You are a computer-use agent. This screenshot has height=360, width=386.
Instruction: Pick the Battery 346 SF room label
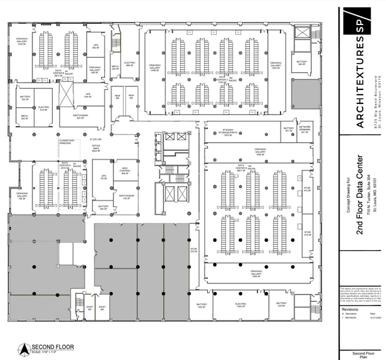point(301,62)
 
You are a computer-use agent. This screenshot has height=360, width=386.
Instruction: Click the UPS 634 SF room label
point(88,96)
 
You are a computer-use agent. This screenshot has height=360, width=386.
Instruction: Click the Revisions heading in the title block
point(350,310)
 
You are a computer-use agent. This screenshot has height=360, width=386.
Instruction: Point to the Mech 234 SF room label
point(115,68)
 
